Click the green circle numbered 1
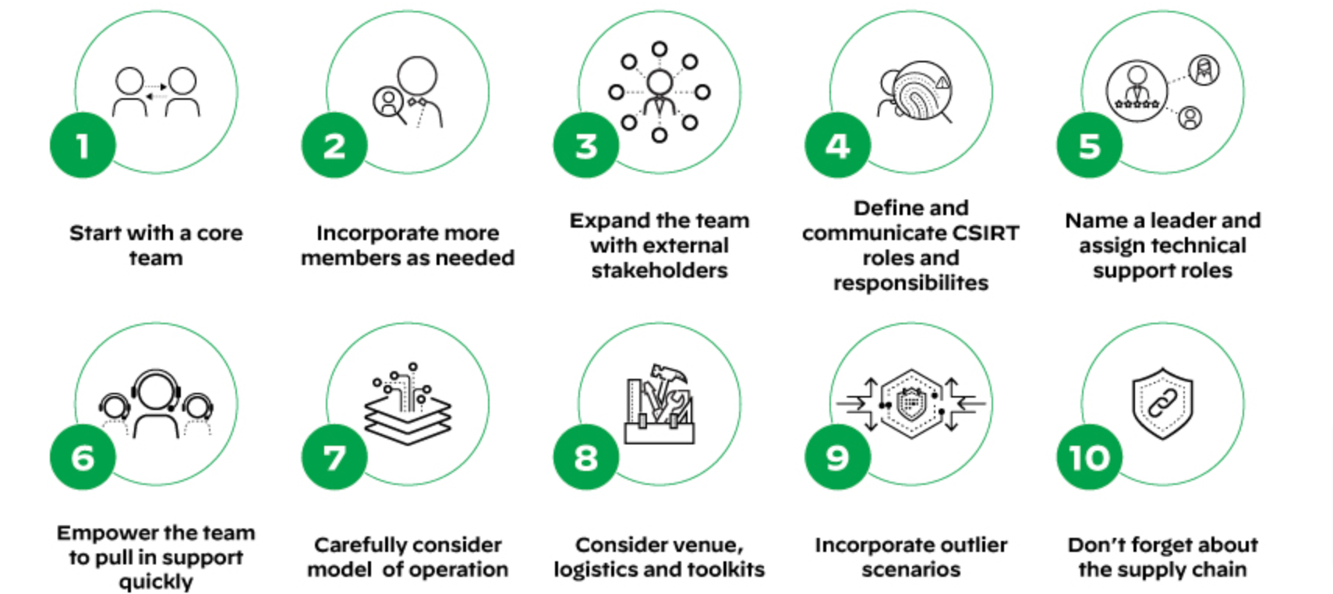(83, 146)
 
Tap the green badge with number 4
(837, 146)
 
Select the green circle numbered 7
(334, 458)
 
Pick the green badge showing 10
(1089, 458)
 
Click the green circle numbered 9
(837, 458)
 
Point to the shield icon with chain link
(1162, 403)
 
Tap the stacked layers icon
(408, 413)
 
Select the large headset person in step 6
(157, 401)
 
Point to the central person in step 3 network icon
(659, 92)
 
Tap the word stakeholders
(659, 270)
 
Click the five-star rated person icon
(1137, 90)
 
